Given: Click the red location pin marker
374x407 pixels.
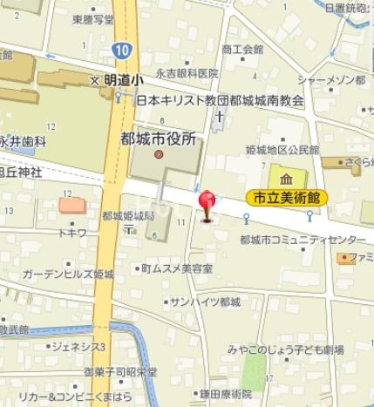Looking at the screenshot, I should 207,206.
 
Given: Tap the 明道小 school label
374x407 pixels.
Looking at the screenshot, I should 120,79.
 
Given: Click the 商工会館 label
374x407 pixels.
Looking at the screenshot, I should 242,49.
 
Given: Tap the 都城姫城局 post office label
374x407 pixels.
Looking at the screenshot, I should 127,215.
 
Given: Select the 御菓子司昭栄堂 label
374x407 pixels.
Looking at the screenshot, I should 121,371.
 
